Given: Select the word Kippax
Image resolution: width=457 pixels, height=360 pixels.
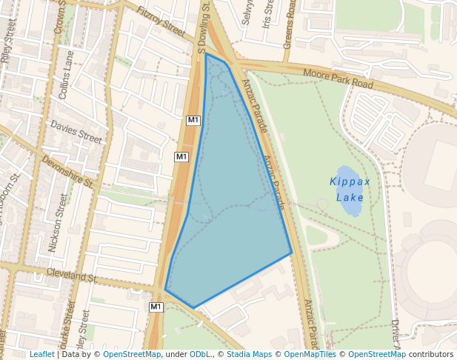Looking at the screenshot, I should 350,181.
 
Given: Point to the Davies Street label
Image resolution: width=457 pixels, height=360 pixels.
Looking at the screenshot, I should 76,133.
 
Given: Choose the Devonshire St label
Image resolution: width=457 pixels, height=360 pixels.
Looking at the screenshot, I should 67,171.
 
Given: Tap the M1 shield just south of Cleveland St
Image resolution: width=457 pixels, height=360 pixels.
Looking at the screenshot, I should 156,307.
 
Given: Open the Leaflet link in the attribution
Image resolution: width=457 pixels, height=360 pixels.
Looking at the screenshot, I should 41,354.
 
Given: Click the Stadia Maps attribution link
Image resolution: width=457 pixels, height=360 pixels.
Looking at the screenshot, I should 249,354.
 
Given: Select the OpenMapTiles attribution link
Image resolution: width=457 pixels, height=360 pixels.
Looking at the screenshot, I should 310,354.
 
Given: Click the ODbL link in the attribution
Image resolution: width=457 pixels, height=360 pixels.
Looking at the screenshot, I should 200,354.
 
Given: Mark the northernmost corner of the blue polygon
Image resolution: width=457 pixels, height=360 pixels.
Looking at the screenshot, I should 206,53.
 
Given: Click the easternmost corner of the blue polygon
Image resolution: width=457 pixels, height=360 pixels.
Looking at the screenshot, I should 291,253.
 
